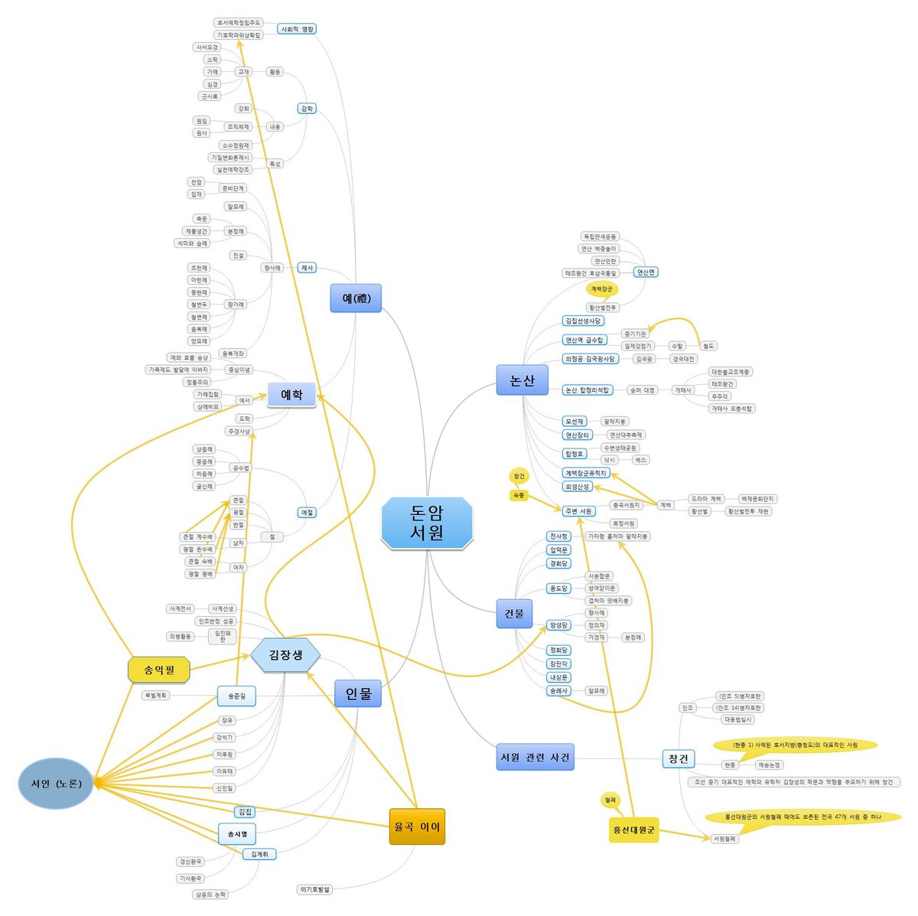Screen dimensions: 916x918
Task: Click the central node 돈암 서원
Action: click(427, 523)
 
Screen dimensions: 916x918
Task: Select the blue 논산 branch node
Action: click(522, 380)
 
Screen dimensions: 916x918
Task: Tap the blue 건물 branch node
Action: click(514, 614)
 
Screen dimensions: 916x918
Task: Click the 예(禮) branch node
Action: click(356, 298)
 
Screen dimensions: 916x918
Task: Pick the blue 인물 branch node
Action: click(358, 694)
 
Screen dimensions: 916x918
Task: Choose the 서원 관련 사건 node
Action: click(535, 758)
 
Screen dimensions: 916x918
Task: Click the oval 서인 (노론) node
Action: click(56, 784)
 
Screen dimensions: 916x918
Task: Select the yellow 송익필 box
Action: click(158, 670)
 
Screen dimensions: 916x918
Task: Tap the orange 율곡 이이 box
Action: click(417, 826)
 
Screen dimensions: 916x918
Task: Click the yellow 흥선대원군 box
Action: click(634, 830)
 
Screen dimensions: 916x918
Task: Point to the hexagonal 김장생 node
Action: click(285, 655)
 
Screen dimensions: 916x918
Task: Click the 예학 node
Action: click(291, 395)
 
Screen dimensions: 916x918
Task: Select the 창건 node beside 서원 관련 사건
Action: click(678, 759)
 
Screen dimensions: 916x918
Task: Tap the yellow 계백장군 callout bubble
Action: click(602, 289)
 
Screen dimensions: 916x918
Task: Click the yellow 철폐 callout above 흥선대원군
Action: click(610, 800)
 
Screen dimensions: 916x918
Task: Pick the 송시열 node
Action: click(237, 833)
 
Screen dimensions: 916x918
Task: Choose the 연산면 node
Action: click(646, 272)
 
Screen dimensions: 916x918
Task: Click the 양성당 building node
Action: click(559, 625)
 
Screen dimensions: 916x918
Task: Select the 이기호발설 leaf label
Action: click(315, 889)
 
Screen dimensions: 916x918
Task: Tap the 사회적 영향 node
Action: click(297, 29)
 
